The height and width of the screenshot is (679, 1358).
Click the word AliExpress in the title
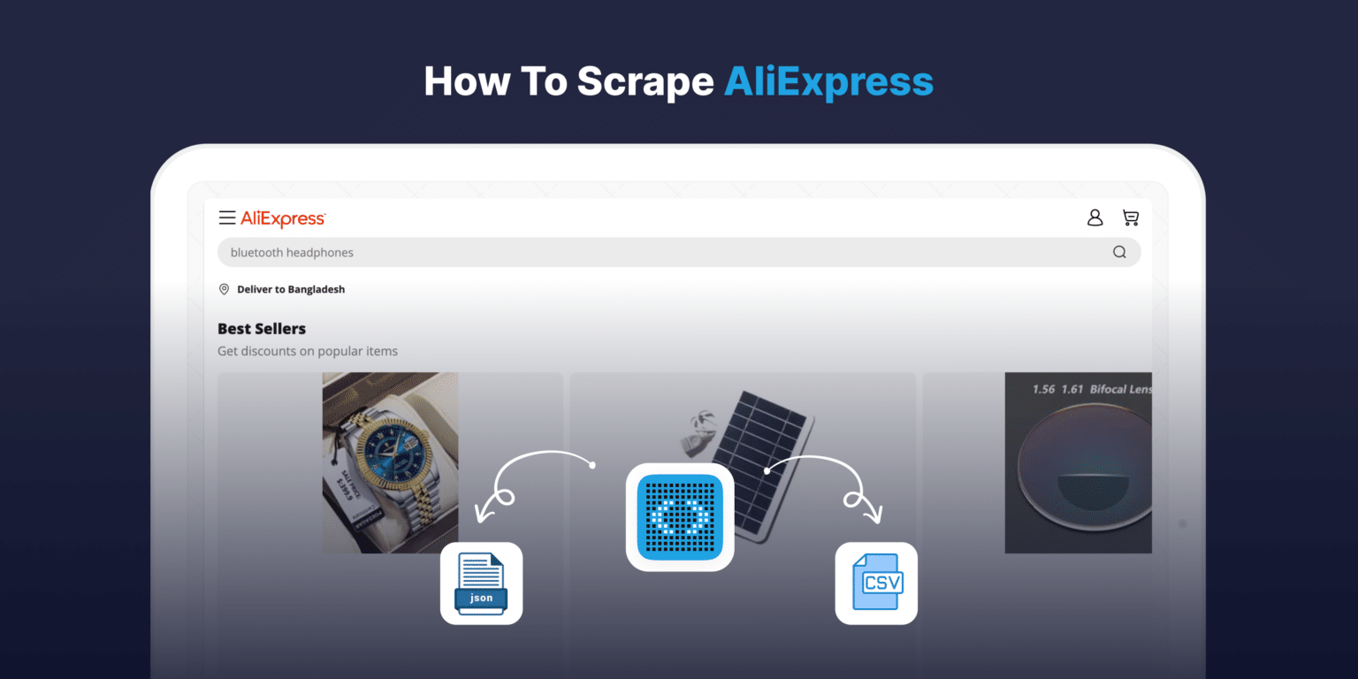828,81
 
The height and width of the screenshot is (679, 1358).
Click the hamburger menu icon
227,218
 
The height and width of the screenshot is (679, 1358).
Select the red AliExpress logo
283,218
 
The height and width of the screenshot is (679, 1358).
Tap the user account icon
1095,217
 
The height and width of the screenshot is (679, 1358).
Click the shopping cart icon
1131,217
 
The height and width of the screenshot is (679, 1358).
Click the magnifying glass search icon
1119,252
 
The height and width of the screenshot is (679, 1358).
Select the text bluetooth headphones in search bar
292,253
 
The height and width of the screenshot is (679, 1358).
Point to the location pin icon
224,289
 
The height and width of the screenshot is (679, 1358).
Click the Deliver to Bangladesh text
291,289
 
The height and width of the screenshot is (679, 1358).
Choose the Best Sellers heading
262,329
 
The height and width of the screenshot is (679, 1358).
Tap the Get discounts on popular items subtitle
308,351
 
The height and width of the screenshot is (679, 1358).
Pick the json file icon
481,584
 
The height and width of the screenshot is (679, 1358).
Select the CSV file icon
876,583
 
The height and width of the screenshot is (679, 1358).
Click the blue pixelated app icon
679,517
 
